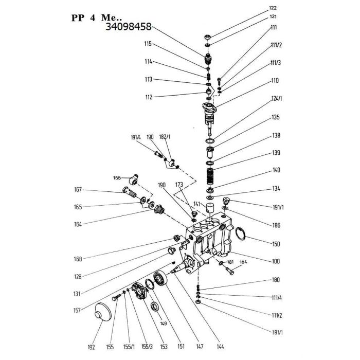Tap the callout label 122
coord(273,8)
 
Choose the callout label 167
coord(78,190)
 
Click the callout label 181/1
coord(277,332)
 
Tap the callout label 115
coord(148,44)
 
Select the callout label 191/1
coord(277,207)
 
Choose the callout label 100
coord(276,261)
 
